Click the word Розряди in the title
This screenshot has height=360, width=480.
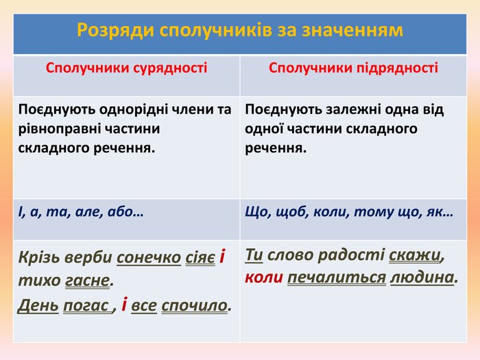click(115, 31)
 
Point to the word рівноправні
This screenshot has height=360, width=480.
click(59, 129)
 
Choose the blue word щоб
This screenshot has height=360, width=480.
click(292, 212)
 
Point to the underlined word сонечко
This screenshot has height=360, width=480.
click(149, 257)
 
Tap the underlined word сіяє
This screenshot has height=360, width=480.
click(200, 257)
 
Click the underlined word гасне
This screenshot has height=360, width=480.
click(87, 280)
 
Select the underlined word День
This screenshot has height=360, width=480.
click(38, 305)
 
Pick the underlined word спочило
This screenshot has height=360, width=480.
click(195, 306)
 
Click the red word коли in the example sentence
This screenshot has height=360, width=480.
click(264, 277)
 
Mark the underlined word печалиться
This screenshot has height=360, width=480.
click(337, 278)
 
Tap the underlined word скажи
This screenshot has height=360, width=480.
click(415, 255)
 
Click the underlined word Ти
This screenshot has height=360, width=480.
click(254, 254)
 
